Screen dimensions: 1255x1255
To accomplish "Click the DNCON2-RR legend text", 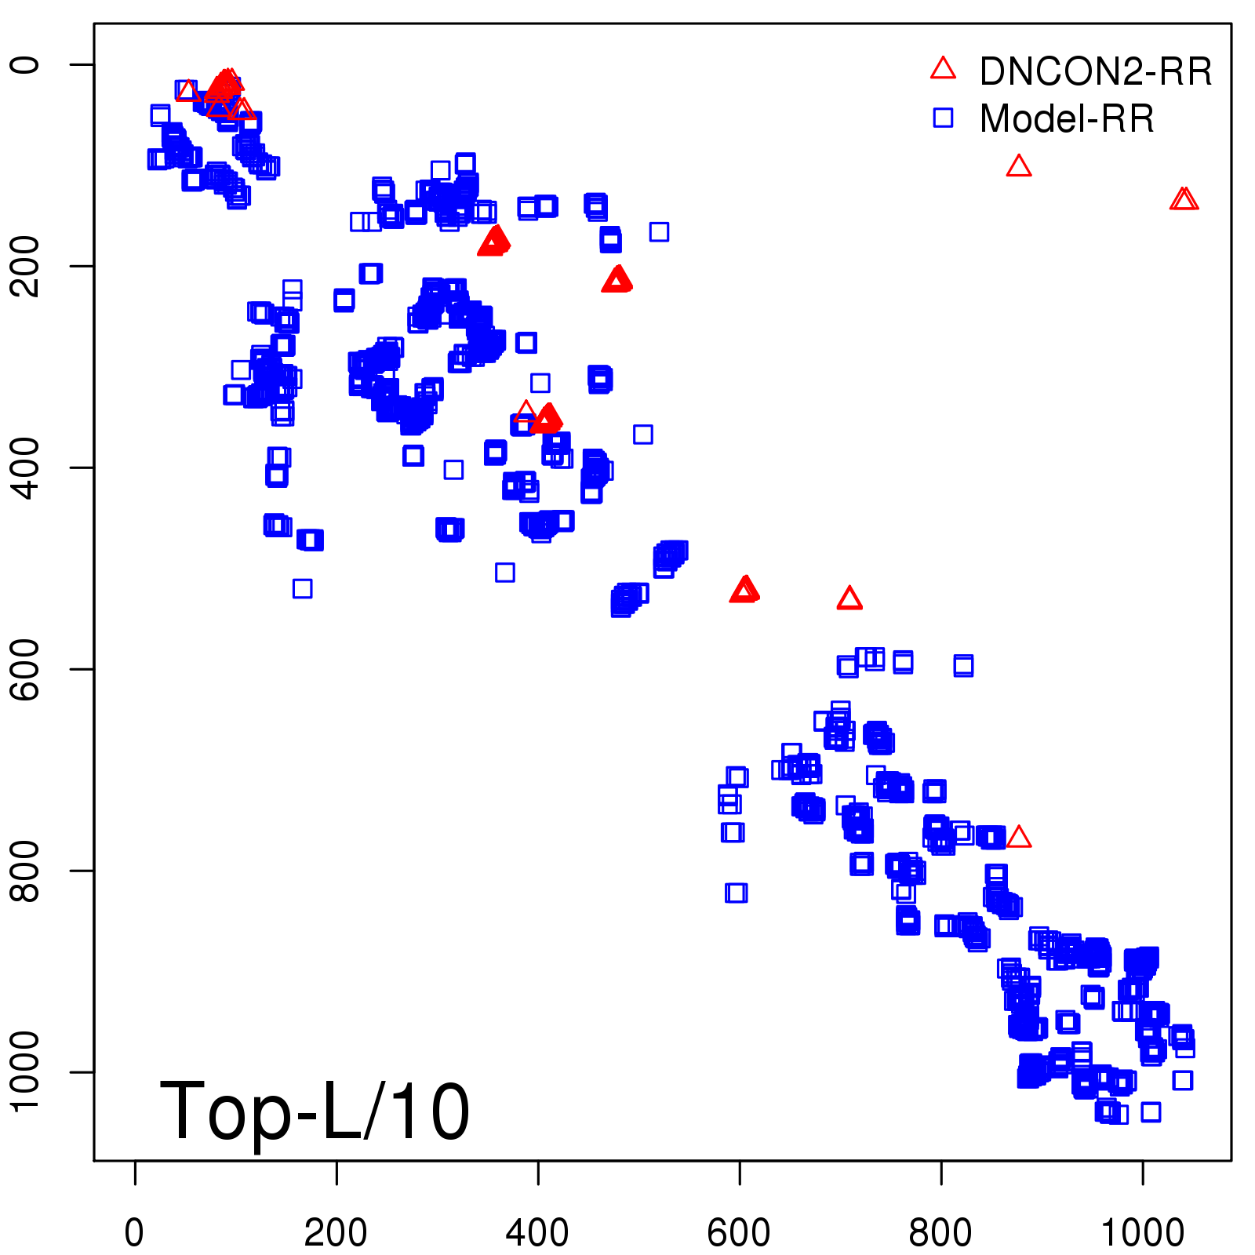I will [x=1095, y=71].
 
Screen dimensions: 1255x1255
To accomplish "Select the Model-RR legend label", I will [x=1067, y=119].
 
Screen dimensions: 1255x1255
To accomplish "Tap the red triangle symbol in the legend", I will [x=943, y=69].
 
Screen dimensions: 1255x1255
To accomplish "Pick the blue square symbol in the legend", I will [x=943, y=118].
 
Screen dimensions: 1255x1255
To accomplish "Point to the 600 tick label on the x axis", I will [x=739, y=1233].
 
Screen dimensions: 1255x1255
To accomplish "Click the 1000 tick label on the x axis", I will [x=1142, y=1233].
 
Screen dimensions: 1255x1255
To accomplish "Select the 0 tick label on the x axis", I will [x=135, y=1233].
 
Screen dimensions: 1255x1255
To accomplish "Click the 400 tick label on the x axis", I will [x=537, y=1233].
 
